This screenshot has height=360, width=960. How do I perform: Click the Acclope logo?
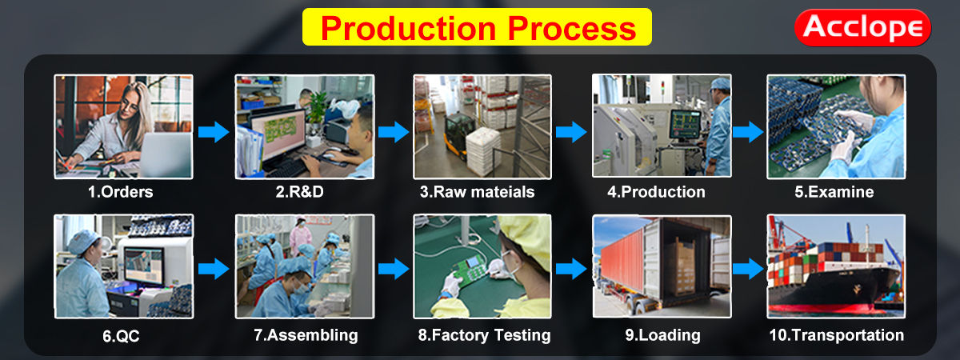[x=862, y=27]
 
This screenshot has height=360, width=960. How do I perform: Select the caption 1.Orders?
[x=120, y=192]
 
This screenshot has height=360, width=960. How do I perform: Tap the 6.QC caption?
[x=120, y=336]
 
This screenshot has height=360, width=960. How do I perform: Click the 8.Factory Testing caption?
[x=484, y=336]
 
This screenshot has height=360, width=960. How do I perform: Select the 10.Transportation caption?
[x=836, y=336]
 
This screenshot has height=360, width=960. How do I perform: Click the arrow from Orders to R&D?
[x=213, y=132]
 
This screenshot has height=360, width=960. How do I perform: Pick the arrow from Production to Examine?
[x=748, y=132]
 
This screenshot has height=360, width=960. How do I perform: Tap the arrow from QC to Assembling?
[x=213, y=268]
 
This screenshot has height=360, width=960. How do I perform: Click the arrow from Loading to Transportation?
[x=748, y=268]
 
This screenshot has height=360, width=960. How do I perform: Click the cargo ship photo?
[x=835, y=266]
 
